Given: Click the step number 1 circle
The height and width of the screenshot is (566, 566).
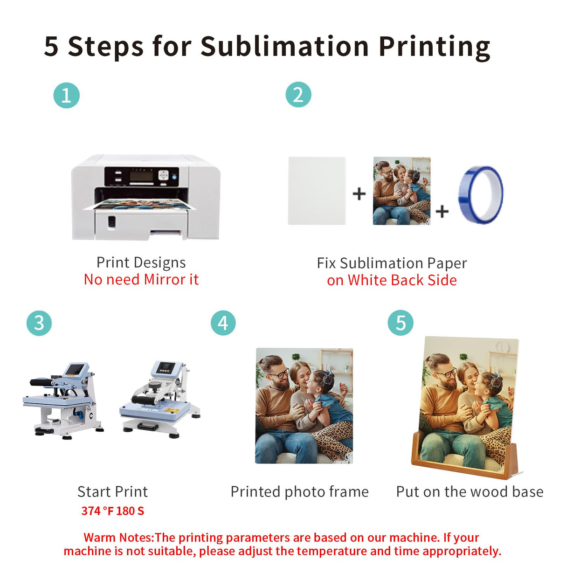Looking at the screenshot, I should pos(66,95).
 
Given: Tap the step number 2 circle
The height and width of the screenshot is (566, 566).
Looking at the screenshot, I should pos(298,95).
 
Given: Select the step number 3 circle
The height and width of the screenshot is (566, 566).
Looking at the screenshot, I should pos(39,323).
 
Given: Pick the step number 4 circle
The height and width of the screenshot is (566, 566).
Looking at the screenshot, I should pos(223,323).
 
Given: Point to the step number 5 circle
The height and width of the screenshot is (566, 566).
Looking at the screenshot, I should pos(400,323).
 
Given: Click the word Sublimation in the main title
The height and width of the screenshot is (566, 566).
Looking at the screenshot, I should pos(284,47).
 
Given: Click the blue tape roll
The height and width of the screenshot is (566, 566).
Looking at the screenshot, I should pos(481,195).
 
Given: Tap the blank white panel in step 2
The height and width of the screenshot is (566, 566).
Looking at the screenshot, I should pos(317,191).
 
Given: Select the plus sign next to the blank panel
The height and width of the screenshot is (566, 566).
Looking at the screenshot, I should pos(359,193).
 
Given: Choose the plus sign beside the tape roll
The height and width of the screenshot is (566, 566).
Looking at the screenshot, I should pos(442,211).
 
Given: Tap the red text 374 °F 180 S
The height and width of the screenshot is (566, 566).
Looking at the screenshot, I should pos(113,511).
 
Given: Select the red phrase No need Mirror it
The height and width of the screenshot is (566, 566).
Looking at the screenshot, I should pos(141,279).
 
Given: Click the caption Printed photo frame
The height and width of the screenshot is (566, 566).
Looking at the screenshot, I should pos(299,491).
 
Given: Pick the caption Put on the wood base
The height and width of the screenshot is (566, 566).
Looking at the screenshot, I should pos(469,491).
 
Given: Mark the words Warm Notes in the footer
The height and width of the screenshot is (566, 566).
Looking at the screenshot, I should pos(118,538).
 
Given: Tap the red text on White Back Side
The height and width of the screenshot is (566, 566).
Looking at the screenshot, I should pos(392,280).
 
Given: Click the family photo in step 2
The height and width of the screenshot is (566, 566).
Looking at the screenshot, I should pos(401,191).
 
